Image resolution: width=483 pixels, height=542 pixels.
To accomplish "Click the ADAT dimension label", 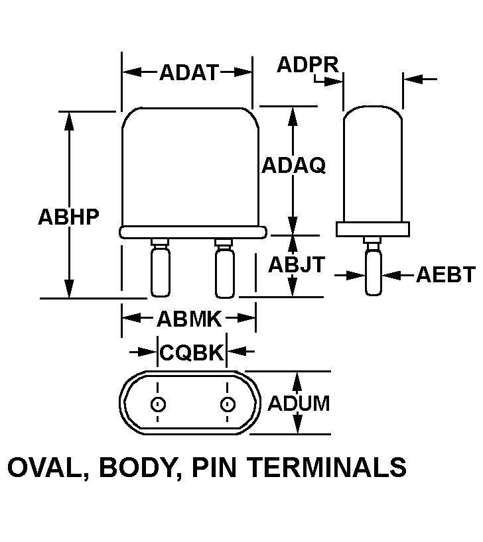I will [188, 72].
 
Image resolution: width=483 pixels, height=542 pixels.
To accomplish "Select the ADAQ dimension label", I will [293, 165].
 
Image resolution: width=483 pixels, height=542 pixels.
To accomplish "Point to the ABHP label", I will [68, 217].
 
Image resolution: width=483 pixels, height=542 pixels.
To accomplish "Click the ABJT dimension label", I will [296, 264].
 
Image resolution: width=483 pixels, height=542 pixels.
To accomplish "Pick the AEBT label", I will [446, 274].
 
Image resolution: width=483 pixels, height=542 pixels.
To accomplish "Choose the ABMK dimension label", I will [188, 319].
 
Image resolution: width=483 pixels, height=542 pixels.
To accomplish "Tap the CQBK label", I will [192, 352].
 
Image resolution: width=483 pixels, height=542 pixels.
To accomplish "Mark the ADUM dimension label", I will [298, 403].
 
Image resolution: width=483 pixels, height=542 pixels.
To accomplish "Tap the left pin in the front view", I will [159, 270].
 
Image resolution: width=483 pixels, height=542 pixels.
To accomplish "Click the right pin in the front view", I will [224, 270].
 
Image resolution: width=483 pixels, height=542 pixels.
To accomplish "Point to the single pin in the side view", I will [373, 270].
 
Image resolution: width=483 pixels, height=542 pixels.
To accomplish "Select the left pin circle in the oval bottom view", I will [158, 404].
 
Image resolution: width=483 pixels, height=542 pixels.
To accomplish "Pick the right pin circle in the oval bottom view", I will [228, 404].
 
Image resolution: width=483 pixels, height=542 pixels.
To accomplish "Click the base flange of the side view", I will [372, 229].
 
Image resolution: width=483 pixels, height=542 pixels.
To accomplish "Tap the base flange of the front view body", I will [193, 231].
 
